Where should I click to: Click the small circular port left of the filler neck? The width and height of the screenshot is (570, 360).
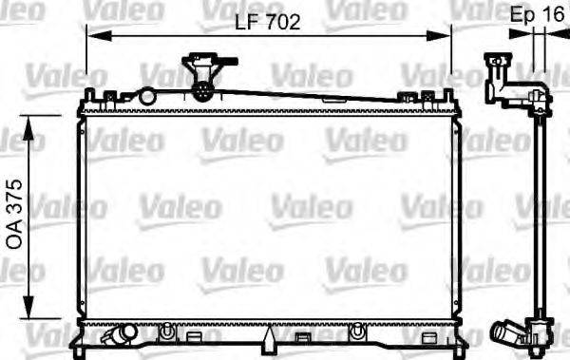click(x=146, y=96)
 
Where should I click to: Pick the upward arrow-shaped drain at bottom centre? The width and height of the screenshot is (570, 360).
click(x=270, y=338)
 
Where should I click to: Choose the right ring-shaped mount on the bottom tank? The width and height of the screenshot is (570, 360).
click(x=357, y=332)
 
